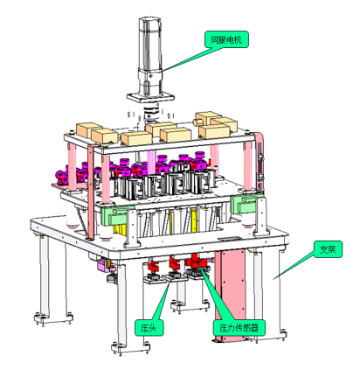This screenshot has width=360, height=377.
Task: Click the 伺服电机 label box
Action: tap(226, 39)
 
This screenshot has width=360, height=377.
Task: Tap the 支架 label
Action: tap(328, 249)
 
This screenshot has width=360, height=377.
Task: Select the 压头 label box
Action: tap(149, 328)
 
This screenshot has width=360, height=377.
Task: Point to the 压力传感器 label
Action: tap(239, 328)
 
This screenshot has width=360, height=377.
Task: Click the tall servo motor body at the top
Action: tap(149, 55)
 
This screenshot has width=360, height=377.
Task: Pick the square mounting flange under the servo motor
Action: tap(150, 96)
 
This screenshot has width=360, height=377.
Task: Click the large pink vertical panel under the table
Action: tap(230, 295)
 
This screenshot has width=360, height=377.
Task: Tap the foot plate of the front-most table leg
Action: tap(131, 348)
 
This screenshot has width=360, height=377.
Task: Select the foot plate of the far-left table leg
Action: tap(53, 318)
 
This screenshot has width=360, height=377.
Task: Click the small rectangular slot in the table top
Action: tap(229, 239)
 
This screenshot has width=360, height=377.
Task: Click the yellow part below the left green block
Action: tap(120, 229)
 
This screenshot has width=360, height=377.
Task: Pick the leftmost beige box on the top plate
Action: tap(89, 130)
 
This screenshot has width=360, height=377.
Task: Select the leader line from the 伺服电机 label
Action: tap(192, 59)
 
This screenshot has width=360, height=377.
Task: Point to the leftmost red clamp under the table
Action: tap(154, 266)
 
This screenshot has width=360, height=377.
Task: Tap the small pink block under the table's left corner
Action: tap(102, 265)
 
